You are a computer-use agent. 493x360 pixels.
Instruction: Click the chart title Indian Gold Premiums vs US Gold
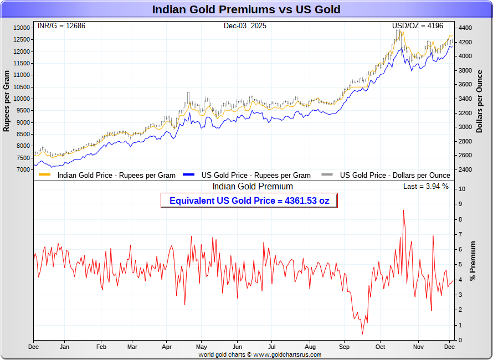point(247,9)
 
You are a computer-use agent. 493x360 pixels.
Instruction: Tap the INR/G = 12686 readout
point(61,25)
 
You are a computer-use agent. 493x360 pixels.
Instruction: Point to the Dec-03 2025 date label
point(245,25)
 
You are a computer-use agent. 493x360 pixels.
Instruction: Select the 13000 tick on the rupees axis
point(22,28)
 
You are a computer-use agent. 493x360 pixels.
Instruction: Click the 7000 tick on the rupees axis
point(23,169)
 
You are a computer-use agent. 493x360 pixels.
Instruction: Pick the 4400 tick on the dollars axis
point(465,28)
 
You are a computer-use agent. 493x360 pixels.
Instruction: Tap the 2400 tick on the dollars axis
point(465,169)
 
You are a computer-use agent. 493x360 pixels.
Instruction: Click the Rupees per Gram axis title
point(7,101)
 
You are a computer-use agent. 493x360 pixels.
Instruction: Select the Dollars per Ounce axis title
point(480,101)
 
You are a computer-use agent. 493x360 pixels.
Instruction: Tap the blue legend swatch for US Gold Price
point(189,175)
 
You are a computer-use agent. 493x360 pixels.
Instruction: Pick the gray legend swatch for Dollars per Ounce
point(327,175)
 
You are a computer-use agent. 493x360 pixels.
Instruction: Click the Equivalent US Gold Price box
point(249,200)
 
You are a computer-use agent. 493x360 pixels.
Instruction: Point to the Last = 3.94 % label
point(426,187)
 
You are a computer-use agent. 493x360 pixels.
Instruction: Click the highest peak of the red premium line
point(403,210)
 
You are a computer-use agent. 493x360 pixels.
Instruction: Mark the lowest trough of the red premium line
point(363,334)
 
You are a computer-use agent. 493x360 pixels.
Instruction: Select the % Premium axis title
point(473,260)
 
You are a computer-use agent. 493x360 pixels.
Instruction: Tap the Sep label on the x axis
point(344,347)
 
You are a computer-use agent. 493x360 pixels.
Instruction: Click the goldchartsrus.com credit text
point(260,354)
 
